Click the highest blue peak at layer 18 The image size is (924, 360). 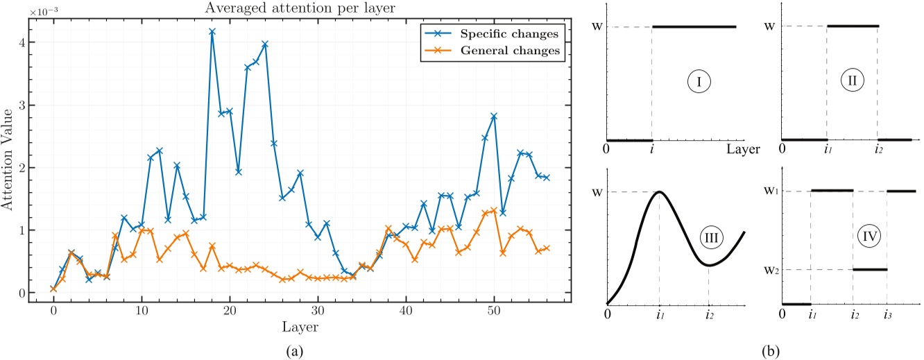point(212,31)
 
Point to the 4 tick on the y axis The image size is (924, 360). point(23,42)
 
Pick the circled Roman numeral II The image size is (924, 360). point(853,80)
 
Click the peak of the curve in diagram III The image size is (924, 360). point(660,191)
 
